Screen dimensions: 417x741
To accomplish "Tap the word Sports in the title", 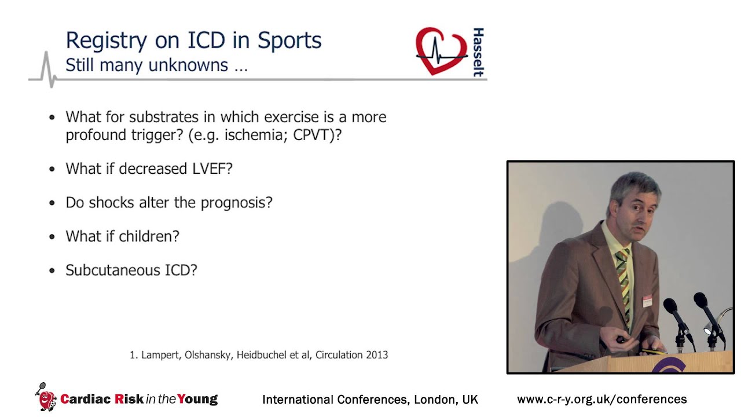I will point(289,41).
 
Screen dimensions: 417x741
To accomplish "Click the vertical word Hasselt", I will point(478,52).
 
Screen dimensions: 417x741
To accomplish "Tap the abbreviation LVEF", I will point(212,169).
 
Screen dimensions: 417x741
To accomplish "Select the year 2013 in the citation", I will point(376,354).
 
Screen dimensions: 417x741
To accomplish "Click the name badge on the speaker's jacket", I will point(647,301).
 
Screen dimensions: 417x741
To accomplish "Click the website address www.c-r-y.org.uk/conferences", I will point(601,400).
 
